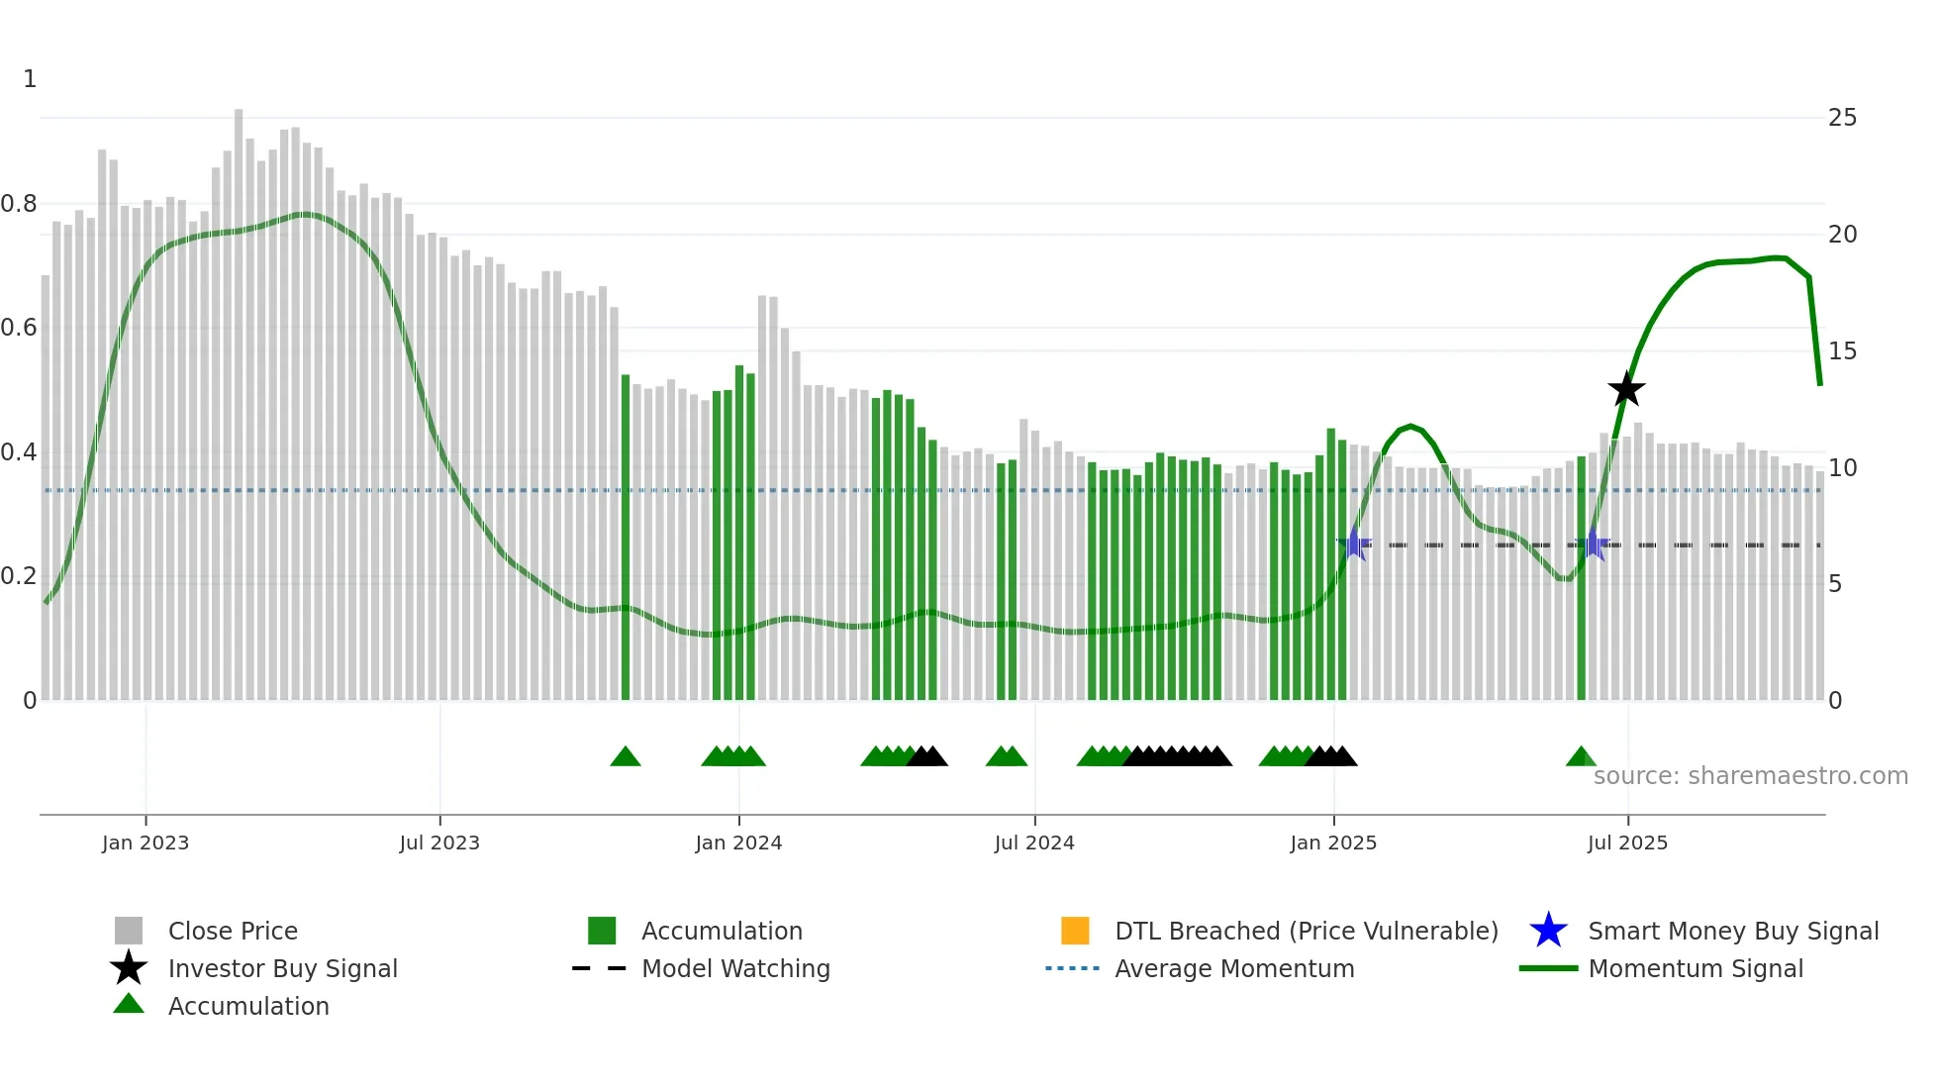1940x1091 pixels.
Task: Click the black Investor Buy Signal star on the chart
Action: coord(1625,389)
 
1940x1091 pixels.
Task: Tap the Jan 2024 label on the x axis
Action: coord(738,843)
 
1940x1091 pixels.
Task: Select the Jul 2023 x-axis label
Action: coord(439,843)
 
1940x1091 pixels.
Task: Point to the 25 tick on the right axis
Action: coord(1842,118)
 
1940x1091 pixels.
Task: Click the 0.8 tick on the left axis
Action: coord(19,204)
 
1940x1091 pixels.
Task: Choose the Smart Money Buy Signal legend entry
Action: coord(1732,931)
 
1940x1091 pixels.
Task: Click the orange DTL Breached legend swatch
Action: coord(1075,931)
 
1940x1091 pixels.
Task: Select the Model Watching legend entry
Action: coord(734,968)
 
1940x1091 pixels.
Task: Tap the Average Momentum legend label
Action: coord(1233,968)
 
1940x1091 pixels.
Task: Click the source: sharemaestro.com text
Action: coord(1750,776)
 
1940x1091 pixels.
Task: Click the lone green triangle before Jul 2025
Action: coord(1581,757)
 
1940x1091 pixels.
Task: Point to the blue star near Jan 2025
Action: coord(1354,545)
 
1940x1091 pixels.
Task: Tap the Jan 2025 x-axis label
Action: coord(1333,843)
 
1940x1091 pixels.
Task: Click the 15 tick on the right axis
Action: coord(1842,351)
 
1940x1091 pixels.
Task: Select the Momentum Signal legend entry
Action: coord(1695,968)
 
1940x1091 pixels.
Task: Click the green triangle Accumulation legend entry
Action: coord(247,1006)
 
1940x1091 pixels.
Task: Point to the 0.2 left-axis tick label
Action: coord(19,576)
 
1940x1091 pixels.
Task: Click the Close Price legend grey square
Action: coord(129,931)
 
